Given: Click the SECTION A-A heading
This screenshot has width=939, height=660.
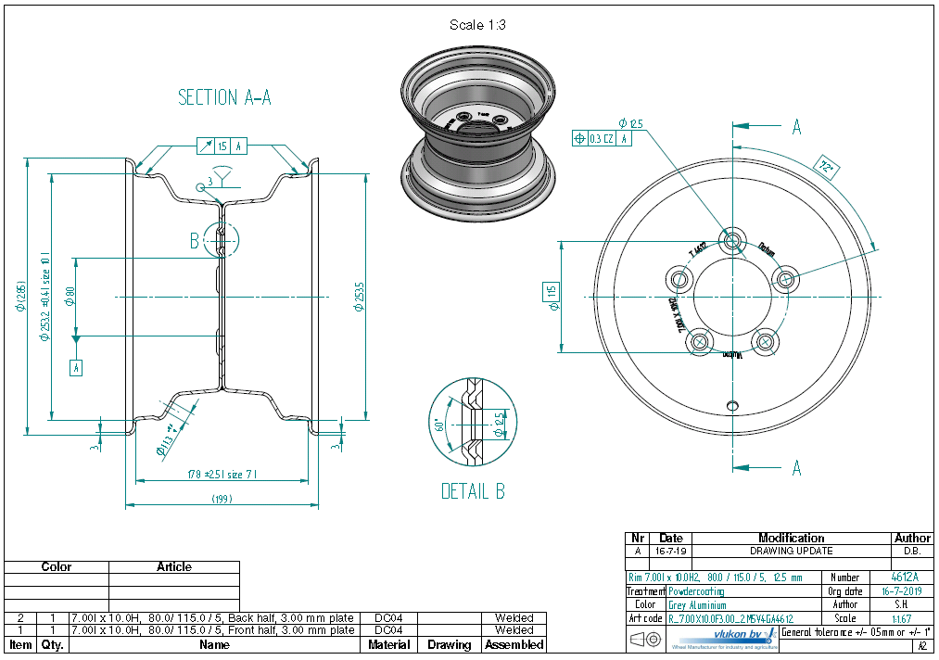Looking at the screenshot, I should pyautogui.click(x=224, y=97).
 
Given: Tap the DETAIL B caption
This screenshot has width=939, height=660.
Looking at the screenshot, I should pyautogui.click(x=473, y=491).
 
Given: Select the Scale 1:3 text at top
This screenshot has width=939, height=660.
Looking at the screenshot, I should pyautogui.click(x=477, y=25).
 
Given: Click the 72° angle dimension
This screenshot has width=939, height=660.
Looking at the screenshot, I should pyautogui.click(x=827, y=168).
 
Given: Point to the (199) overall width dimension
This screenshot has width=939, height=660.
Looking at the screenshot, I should pyautogui.click(x=222, y=499).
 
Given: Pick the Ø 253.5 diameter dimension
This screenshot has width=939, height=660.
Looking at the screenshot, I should pyautogui.click(x=360, y=296).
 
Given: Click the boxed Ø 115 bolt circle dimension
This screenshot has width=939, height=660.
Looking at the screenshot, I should pyautogui.click(x=552, y=297).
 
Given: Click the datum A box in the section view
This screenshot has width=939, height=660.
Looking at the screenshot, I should pyautogui.click(x=76, y=368).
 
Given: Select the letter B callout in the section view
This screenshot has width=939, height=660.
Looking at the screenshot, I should pyautogui.click(x=194, y=241).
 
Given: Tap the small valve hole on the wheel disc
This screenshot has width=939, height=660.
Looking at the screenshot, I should pyautogui.click(x=732, y=405).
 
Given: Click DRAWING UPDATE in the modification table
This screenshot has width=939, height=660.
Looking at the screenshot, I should pyautogui.click(x=791, y=551).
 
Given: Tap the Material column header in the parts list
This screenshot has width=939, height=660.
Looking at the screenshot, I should pyautogui.click(x=389, y=644).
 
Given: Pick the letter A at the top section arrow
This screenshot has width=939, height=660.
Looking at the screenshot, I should pyautogui.click(x=796, y=128).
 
